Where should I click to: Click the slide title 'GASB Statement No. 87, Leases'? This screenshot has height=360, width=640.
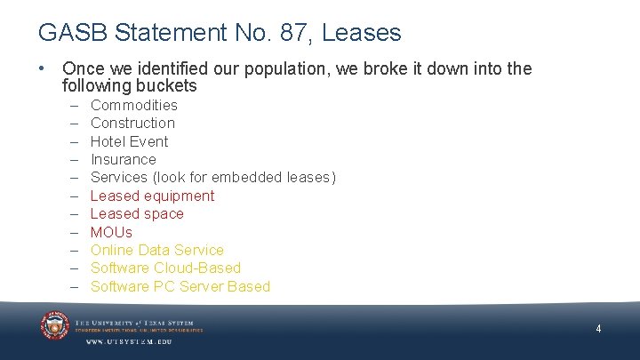coord(220,33)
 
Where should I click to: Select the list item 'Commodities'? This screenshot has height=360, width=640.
coord(134,105)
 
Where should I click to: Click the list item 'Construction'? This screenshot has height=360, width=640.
coord(132,123)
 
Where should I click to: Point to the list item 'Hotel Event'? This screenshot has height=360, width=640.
coord(129,141)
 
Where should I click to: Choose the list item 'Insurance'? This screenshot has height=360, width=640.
coord(124,159)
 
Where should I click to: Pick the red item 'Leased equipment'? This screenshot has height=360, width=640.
coord(152,196)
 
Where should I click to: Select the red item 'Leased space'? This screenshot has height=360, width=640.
coord(137,213)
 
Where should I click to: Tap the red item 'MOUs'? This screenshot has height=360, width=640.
coord(111,232)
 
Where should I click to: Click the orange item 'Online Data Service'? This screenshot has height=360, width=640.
coord(157,250)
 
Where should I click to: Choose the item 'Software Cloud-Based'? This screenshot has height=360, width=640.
coord(165,268)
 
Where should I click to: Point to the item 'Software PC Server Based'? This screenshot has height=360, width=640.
coord(180,286)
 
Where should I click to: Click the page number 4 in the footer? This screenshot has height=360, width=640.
coord(598,329)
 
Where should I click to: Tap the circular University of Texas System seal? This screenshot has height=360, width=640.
coord(54,325)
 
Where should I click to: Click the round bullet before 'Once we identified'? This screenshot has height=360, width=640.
coord(43,68)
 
